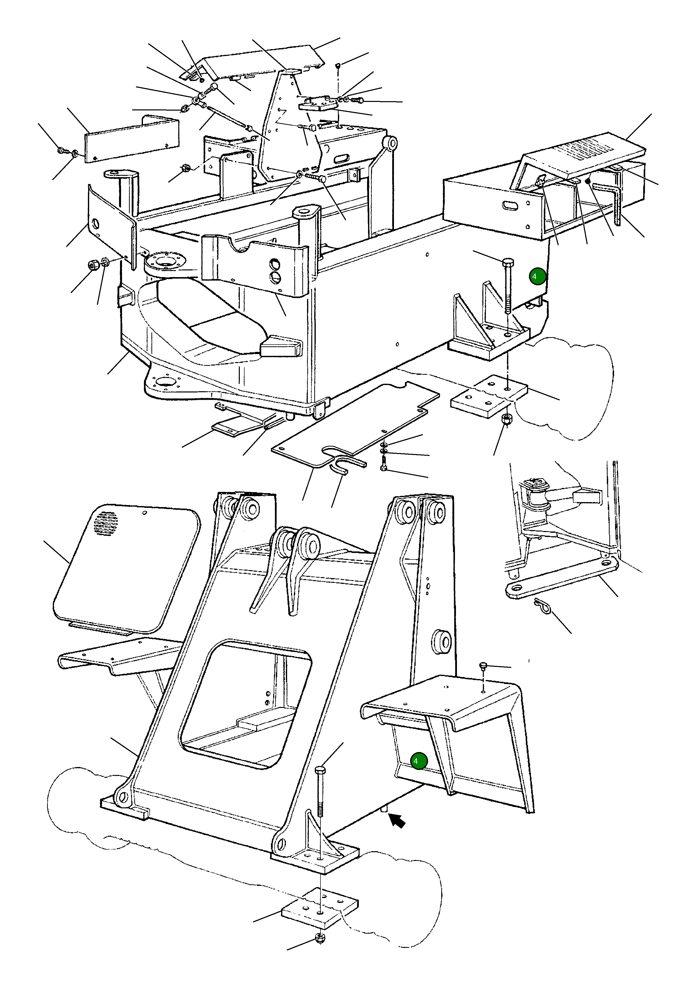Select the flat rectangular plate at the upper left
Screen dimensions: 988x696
[132, 140]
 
